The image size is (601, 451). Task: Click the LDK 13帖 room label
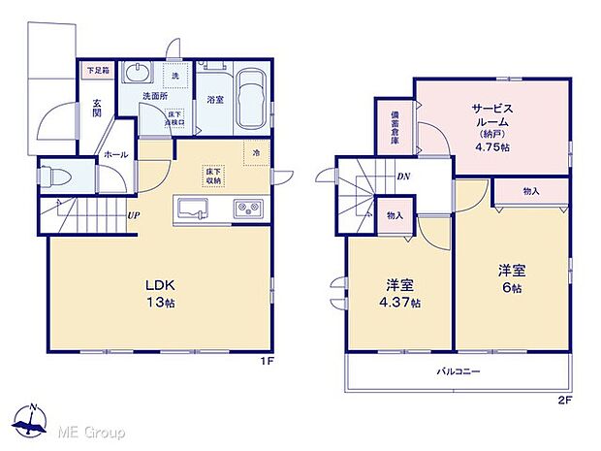point(161,293)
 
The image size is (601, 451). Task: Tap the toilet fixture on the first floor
point(54,179)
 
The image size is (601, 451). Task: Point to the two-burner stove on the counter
point(247,209)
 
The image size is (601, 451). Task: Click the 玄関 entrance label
point(99,108)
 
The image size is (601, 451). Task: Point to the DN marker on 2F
point(402,177)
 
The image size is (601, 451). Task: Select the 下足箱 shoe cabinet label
point(98,70)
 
